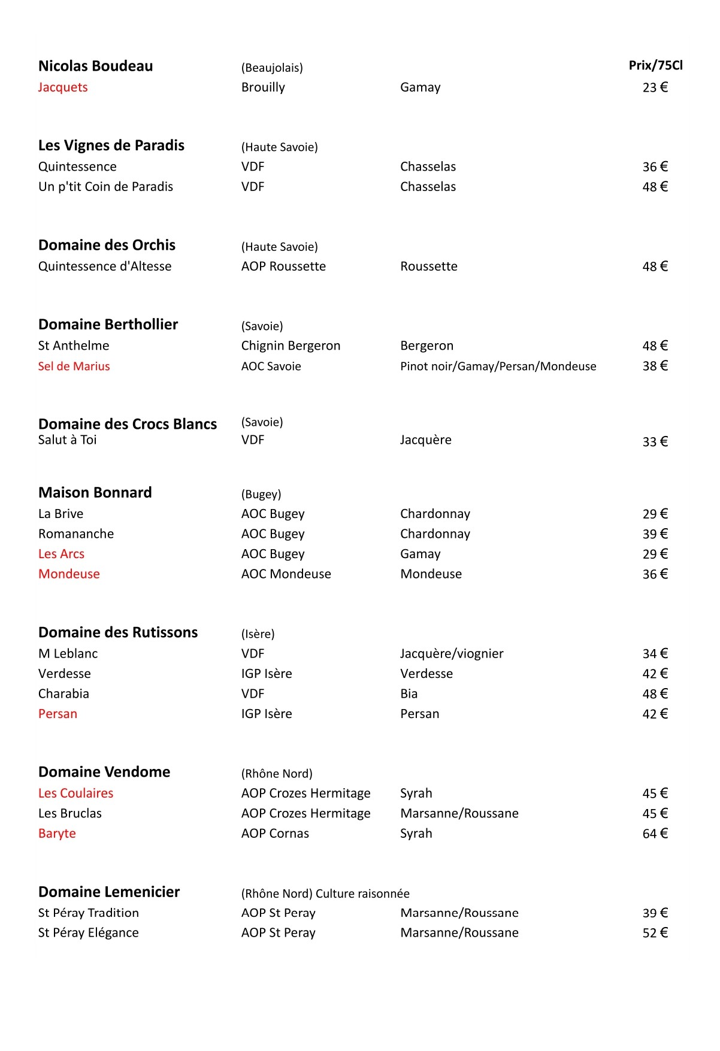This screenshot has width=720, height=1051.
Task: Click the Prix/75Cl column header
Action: point(655,65)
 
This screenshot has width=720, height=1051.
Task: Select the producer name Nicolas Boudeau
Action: point(95,66)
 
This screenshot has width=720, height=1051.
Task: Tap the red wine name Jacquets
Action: point(63,87)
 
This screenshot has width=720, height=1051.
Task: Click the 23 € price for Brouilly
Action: point(655,87)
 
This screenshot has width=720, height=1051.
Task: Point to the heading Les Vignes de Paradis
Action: point(111,146)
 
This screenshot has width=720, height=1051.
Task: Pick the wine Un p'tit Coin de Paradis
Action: point(105,187)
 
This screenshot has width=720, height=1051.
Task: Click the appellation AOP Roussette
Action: point(283,266)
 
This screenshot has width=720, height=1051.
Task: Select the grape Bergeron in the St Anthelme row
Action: point(426,346)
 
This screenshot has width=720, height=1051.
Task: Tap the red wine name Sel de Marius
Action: point(74,367)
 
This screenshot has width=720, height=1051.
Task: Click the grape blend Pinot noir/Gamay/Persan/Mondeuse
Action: point(498,367)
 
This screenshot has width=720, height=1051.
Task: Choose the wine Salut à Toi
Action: point(67,440)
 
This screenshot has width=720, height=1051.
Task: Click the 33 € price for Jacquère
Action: point(655,442)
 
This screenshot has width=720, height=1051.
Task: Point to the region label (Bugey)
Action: point(261,495)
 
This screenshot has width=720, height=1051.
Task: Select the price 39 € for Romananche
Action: point(655,534)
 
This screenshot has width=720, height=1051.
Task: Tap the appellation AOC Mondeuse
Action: point(286,574)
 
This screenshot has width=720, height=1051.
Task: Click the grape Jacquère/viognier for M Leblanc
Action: point(452,654)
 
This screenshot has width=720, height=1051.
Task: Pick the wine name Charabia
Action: point(63,694)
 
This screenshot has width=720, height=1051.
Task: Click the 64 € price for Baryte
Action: point(655,834)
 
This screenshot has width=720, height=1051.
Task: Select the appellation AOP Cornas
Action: point(275,834)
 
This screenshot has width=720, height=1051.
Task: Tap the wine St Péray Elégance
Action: point(88,933)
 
